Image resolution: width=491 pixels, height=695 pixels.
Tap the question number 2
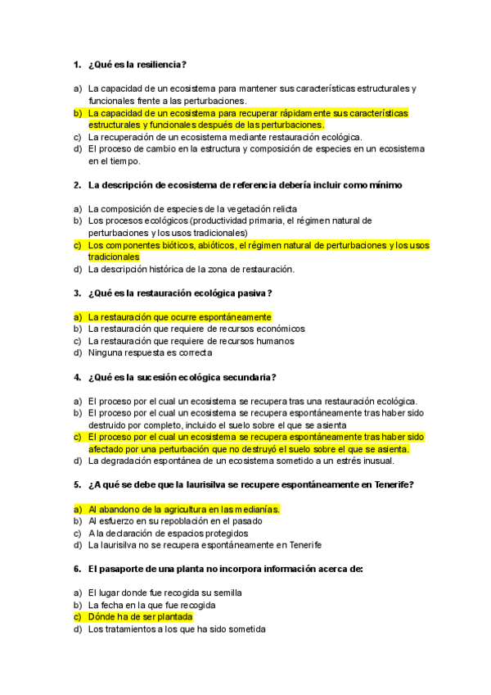pos(77,185)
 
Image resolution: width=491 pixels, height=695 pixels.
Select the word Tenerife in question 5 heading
pos(393,485)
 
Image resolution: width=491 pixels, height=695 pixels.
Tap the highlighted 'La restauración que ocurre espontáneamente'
pos(179,316)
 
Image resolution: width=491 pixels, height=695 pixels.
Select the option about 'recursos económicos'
pos(196,329)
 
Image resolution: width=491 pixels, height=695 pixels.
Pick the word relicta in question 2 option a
pos(281,209)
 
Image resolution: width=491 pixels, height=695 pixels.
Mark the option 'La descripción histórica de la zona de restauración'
pos(191,269)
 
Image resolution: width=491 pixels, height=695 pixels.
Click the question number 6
pos(77,568)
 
